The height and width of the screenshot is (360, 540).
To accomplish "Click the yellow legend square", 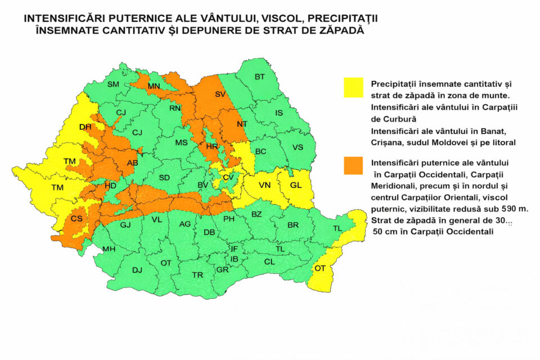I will (x=354, y=87).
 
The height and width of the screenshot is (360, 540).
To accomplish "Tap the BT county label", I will (x=259, y=76).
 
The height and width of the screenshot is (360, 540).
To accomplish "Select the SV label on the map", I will (x=220, y=94).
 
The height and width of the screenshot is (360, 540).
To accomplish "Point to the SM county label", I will (x=113, y=84).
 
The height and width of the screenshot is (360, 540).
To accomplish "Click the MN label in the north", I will (x=154, y=86).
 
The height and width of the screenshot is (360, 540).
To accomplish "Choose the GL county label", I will (x=296, y=186).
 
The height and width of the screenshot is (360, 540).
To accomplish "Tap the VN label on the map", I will (x=265, y=186).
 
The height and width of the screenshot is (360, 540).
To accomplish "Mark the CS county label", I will (x=76, y=219).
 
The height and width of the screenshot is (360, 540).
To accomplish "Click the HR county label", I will (x=211, y=146).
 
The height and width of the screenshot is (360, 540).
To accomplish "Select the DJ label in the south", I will (x=137, y=270).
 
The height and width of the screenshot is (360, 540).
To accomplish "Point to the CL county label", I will (x=269, y=262).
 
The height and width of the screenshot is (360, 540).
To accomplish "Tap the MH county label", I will (x=109, y=249).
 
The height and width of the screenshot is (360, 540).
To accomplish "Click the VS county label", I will (x=299, y=148).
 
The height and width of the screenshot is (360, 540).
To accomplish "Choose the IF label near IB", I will (x=234, y=249).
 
